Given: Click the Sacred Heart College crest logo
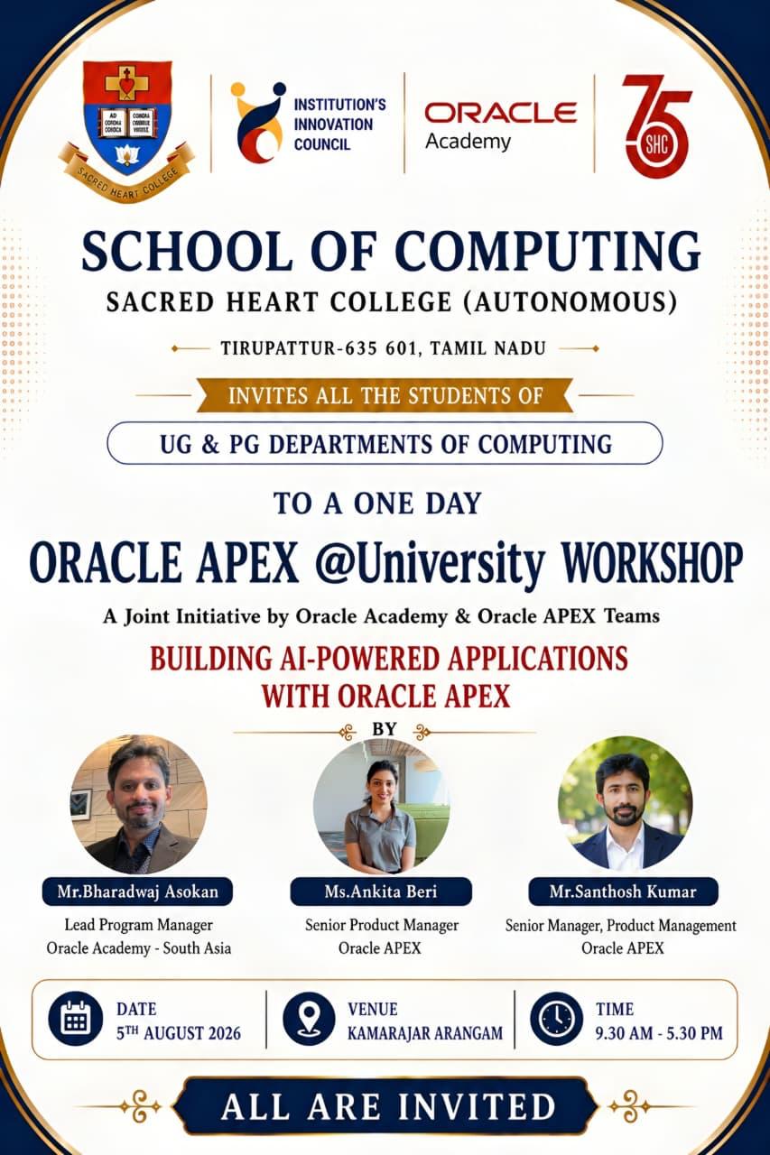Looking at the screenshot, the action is click(127, 131).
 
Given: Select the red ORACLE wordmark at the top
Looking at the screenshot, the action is click(500, 113).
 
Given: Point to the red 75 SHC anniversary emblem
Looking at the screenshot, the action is click(656, 126).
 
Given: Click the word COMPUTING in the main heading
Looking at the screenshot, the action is click(548, 251).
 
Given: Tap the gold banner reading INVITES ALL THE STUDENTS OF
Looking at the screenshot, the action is click(385, 395).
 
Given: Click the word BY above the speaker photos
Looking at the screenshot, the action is click(385, 729).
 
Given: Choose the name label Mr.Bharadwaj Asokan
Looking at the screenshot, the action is click(138, 892).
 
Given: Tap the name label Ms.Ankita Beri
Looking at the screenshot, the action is click(381, 892).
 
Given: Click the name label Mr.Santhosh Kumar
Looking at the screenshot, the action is click(623, 892).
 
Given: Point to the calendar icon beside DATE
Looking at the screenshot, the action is click(76, 1020).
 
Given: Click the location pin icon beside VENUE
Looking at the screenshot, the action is click(309, 1020).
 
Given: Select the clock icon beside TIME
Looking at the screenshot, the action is click(557, 1020).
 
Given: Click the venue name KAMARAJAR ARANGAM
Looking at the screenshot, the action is click(425, 1033).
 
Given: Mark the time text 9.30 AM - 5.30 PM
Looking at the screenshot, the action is click(659, 1033).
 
